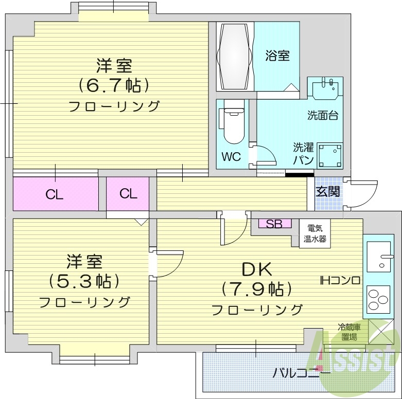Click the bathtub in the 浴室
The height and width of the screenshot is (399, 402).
tap(235, 57)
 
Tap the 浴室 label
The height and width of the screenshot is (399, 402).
tap(277, 56)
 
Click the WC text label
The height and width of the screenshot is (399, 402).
tap(231, 157)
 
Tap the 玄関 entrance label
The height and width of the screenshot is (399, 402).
tap(327, 192)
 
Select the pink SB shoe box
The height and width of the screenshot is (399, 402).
tap(274, 224)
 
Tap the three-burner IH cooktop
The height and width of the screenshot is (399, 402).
tap(378, 298)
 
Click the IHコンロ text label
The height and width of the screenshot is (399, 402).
tap(340, 280)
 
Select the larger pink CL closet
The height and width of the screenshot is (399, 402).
tap(55, 194)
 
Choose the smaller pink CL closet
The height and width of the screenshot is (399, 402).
tap(128, 193)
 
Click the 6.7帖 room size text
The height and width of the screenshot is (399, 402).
tap(113, 85)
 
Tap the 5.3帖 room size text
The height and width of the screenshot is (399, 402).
tap(85, 281)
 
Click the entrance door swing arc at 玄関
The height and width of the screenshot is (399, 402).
tap(362, 193)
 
